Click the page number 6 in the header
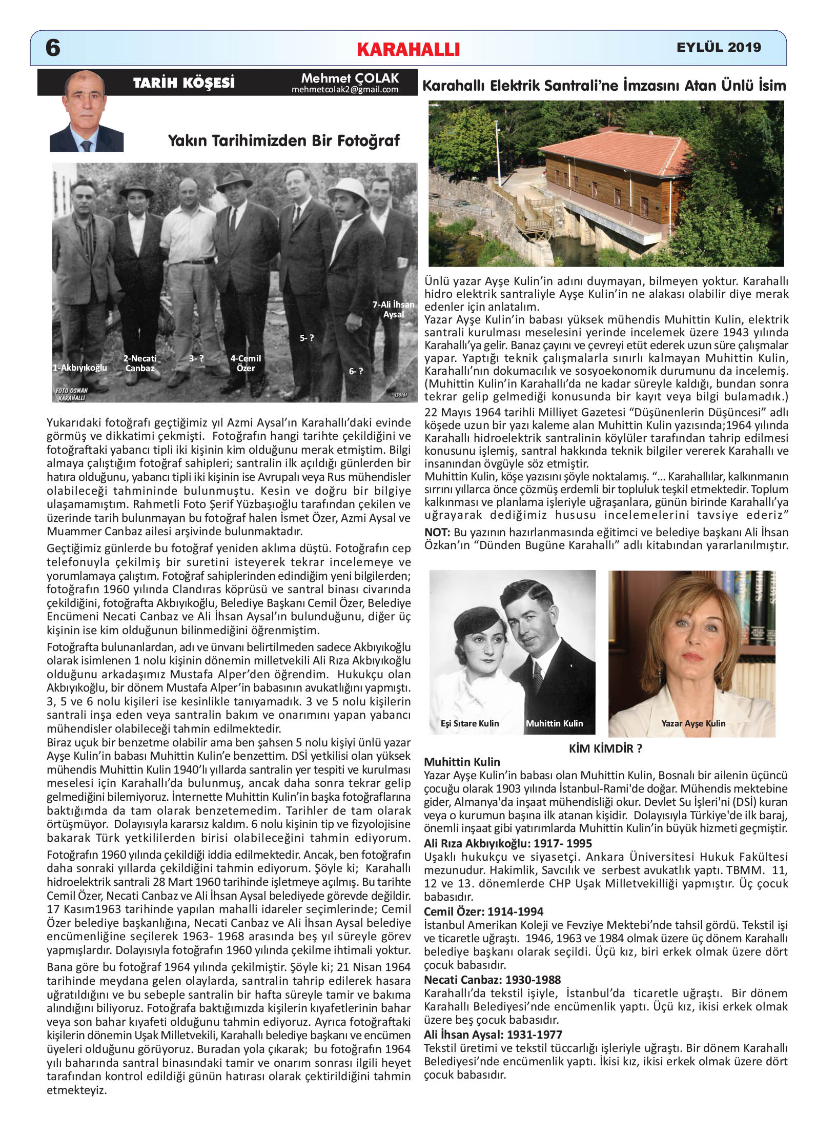coord(53,48)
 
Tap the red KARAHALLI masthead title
coord(408,49)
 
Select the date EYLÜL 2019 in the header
coord(719,47)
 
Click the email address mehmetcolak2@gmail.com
coord(345,90)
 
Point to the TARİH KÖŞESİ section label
coord(183,83)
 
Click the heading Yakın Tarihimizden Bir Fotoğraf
coord(284,140)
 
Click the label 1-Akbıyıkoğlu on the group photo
coord(80,368)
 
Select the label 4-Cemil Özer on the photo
coord(246,363)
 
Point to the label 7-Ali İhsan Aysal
coord(393,309)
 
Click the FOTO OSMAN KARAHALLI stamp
coord(71,394)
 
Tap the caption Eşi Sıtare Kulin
coord(469,723)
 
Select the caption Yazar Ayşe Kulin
coord(693,723)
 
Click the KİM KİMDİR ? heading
coord(605,748)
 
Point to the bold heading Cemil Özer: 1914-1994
coord(483,911)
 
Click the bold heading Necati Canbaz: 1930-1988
coord(492,980)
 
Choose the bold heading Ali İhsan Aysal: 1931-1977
coord(493,1035)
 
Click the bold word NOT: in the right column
coord(437,532)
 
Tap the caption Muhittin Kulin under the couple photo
coord(554,723)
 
